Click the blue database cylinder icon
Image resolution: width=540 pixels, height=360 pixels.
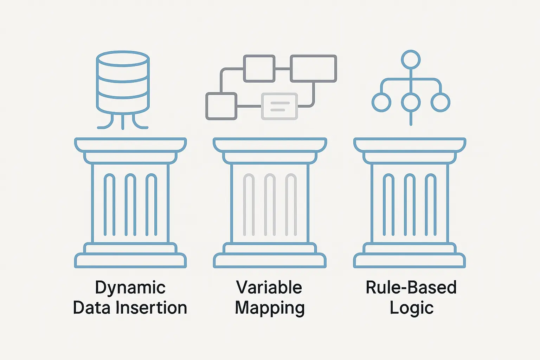point(123,83)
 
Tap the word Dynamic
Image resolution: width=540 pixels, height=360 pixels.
point(130,288)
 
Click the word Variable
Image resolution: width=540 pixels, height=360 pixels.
point(269,288)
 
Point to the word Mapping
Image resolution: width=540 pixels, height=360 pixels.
point(270,308)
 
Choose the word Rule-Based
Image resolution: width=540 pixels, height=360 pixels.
point(411,288)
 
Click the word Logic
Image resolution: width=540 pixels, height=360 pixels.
point(411,308)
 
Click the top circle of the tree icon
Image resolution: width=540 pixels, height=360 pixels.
point(411,59)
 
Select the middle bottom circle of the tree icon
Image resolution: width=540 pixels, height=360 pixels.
point(411,102)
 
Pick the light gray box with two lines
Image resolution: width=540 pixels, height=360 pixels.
point(279,106)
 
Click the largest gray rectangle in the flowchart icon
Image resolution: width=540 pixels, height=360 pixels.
point(313,69)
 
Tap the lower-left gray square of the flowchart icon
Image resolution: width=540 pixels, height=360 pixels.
point(221,106)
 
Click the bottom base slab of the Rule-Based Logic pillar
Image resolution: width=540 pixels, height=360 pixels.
point(410,261)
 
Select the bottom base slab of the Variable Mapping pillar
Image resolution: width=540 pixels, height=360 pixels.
point(270,261)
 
